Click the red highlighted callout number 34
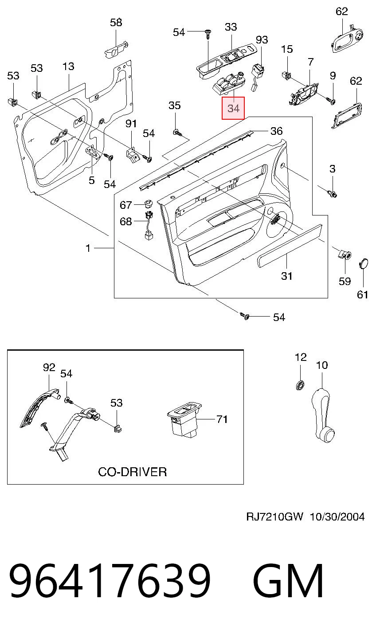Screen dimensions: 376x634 (x=233, y=108)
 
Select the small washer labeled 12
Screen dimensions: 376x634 (x=300, y=385)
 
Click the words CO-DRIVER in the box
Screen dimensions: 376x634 (x=132, y=472)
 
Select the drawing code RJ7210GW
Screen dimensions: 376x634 (x=274, y=517)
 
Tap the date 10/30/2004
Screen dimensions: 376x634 (x=337, y=517)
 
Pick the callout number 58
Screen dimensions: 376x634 (x=116, y=22)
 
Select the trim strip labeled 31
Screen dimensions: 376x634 (x=290, y=246)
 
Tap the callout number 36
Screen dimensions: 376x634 (x=277, y=131)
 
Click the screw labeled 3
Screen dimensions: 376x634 (x=333, y=194)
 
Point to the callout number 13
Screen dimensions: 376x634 (x=68, y=66)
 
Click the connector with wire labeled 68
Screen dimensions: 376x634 (x=149, y=226)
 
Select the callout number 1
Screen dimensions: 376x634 (x=88, y=248)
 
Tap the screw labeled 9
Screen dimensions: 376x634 (x=331, y=100)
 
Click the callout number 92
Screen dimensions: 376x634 (x=49, y=368)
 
